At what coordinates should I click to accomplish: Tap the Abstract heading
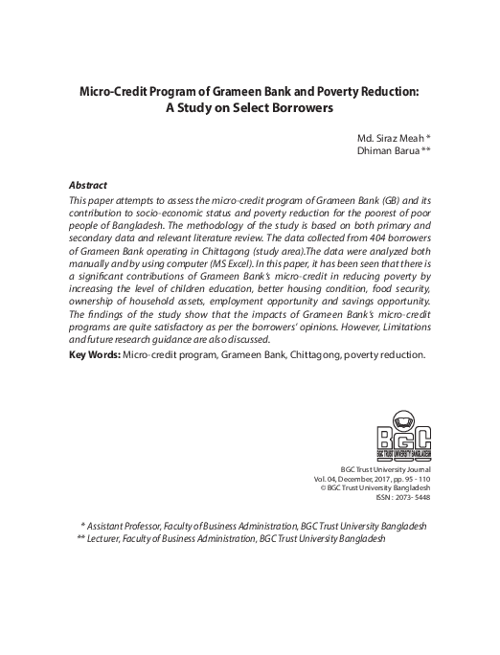(88, 184)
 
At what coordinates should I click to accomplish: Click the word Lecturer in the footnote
(110, 539)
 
